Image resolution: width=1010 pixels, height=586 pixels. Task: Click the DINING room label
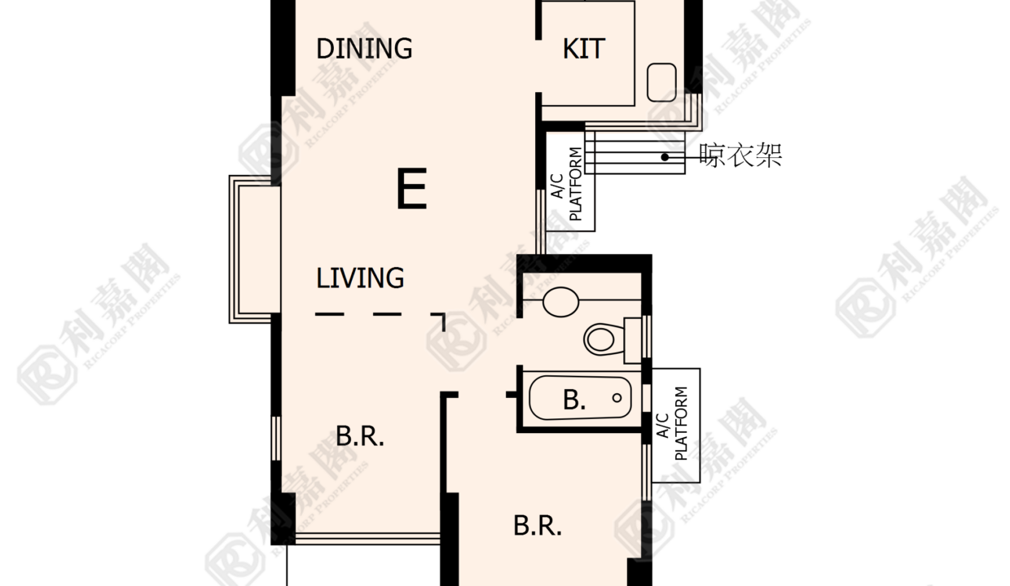pos(364,49)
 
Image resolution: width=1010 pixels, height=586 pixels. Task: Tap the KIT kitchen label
pos(584,49)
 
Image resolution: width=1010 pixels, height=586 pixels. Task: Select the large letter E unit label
pos(411,188)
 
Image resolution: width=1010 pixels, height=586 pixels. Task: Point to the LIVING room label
pos(360,278)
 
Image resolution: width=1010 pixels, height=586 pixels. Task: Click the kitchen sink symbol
pos(661,82)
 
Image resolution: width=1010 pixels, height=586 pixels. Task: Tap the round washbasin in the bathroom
pos(561,302)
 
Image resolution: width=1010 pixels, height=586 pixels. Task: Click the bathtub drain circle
pos(617,398)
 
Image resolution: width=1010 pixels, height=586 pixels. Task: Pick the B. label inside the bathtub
pos(574,399)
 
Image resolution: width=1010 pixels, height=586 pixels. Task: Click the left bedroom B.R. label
pos(360,436)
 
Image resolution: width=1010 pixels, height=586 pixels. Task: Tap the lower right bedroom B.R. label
pos(538,525)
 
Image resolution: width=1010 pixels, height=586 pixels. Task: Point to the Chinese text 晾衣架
pos(740,155)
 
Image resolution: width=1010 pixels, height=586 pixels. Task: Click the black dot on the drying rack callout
pos(665,157)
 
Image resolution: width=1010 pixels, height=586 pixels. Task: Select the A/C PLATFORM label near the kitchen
pos(567,184)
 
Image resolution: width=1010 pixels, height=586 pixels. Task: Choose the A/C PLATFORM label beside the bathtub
pos(672,423)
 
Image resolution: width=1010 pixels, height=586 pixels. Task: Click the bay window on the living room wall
pos(254,249)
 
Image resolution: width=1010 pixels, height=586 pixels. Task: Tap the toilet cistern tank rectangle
pos(633,340)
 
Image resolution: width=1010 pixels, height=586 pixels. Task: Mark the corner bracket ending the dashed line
pos(439,317)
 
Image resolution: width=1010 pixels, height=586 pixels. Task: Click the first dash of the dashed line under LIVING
pos(329,314)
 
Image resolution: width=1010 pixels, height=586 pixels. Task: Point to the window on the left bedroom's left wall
pos(276,438)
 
